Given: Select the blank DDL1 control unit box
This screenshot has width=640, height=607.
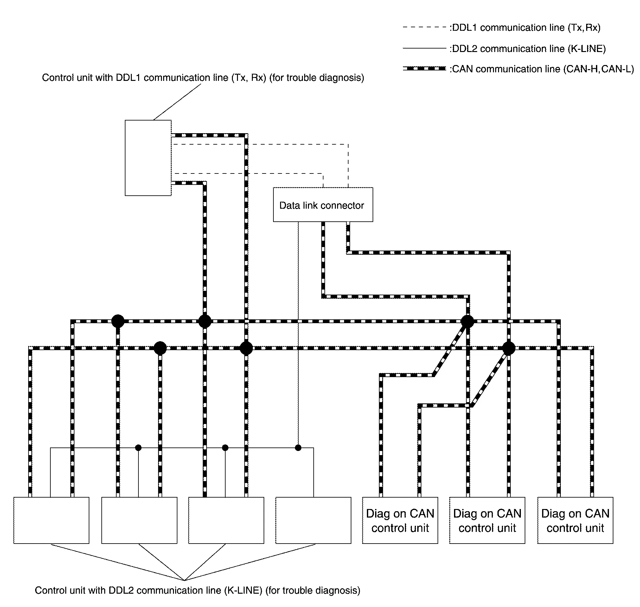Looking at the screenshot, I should coord(148,158).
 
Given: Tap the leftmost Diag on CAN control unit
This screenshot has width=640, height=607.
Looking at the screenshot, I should coord(400,521).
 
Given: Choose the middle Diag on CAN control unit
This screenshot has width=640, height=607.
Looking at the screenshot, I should coord(487,521).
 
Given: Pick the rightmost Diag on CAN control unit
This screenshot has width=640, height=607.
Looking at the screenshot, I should coord(575,521).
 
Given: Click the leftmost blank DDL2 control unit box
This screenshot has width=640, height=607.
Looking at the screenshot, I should coord(51,521).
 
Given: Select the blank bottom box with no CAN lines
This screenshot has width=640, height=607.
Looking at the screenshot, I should coord(313,521).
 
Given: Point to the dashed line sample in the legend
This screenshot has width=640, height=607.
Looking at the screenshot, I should coord(424,27).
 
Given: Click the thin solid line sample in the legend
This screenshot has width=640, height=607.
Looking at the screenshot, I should coord(424,48).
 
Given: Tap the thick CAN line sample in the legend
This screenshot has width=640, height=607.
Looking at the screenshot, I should coord(424,69).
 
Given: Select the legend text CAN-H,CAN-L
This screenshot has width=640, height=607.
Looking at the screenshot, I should coord(598,69).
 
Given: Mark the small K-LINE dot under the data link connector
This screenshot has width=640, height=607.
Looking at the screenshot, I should coord(298,448).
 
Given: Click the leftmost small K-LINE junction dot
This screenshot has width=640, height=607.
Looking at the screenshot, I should coord(138,448).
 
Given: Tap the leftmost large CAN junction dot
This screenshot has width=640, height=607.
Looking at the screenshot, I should coord(118,321).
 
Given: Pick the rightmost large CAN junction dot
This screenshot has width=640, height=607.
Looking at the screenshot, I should coord(509,348).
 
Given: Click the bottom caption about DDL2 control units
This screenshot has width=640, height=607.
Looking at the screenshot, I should coord(197,590).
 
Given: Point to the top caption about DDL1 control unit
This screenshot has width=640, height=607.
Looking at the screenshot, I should coord(203,78).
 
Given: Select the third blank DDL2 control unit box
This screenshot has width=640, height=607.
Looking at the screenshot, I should coord(226,521).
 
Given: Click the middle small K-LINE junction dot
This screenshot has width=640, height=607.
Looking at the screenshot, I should coord(225,448).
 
